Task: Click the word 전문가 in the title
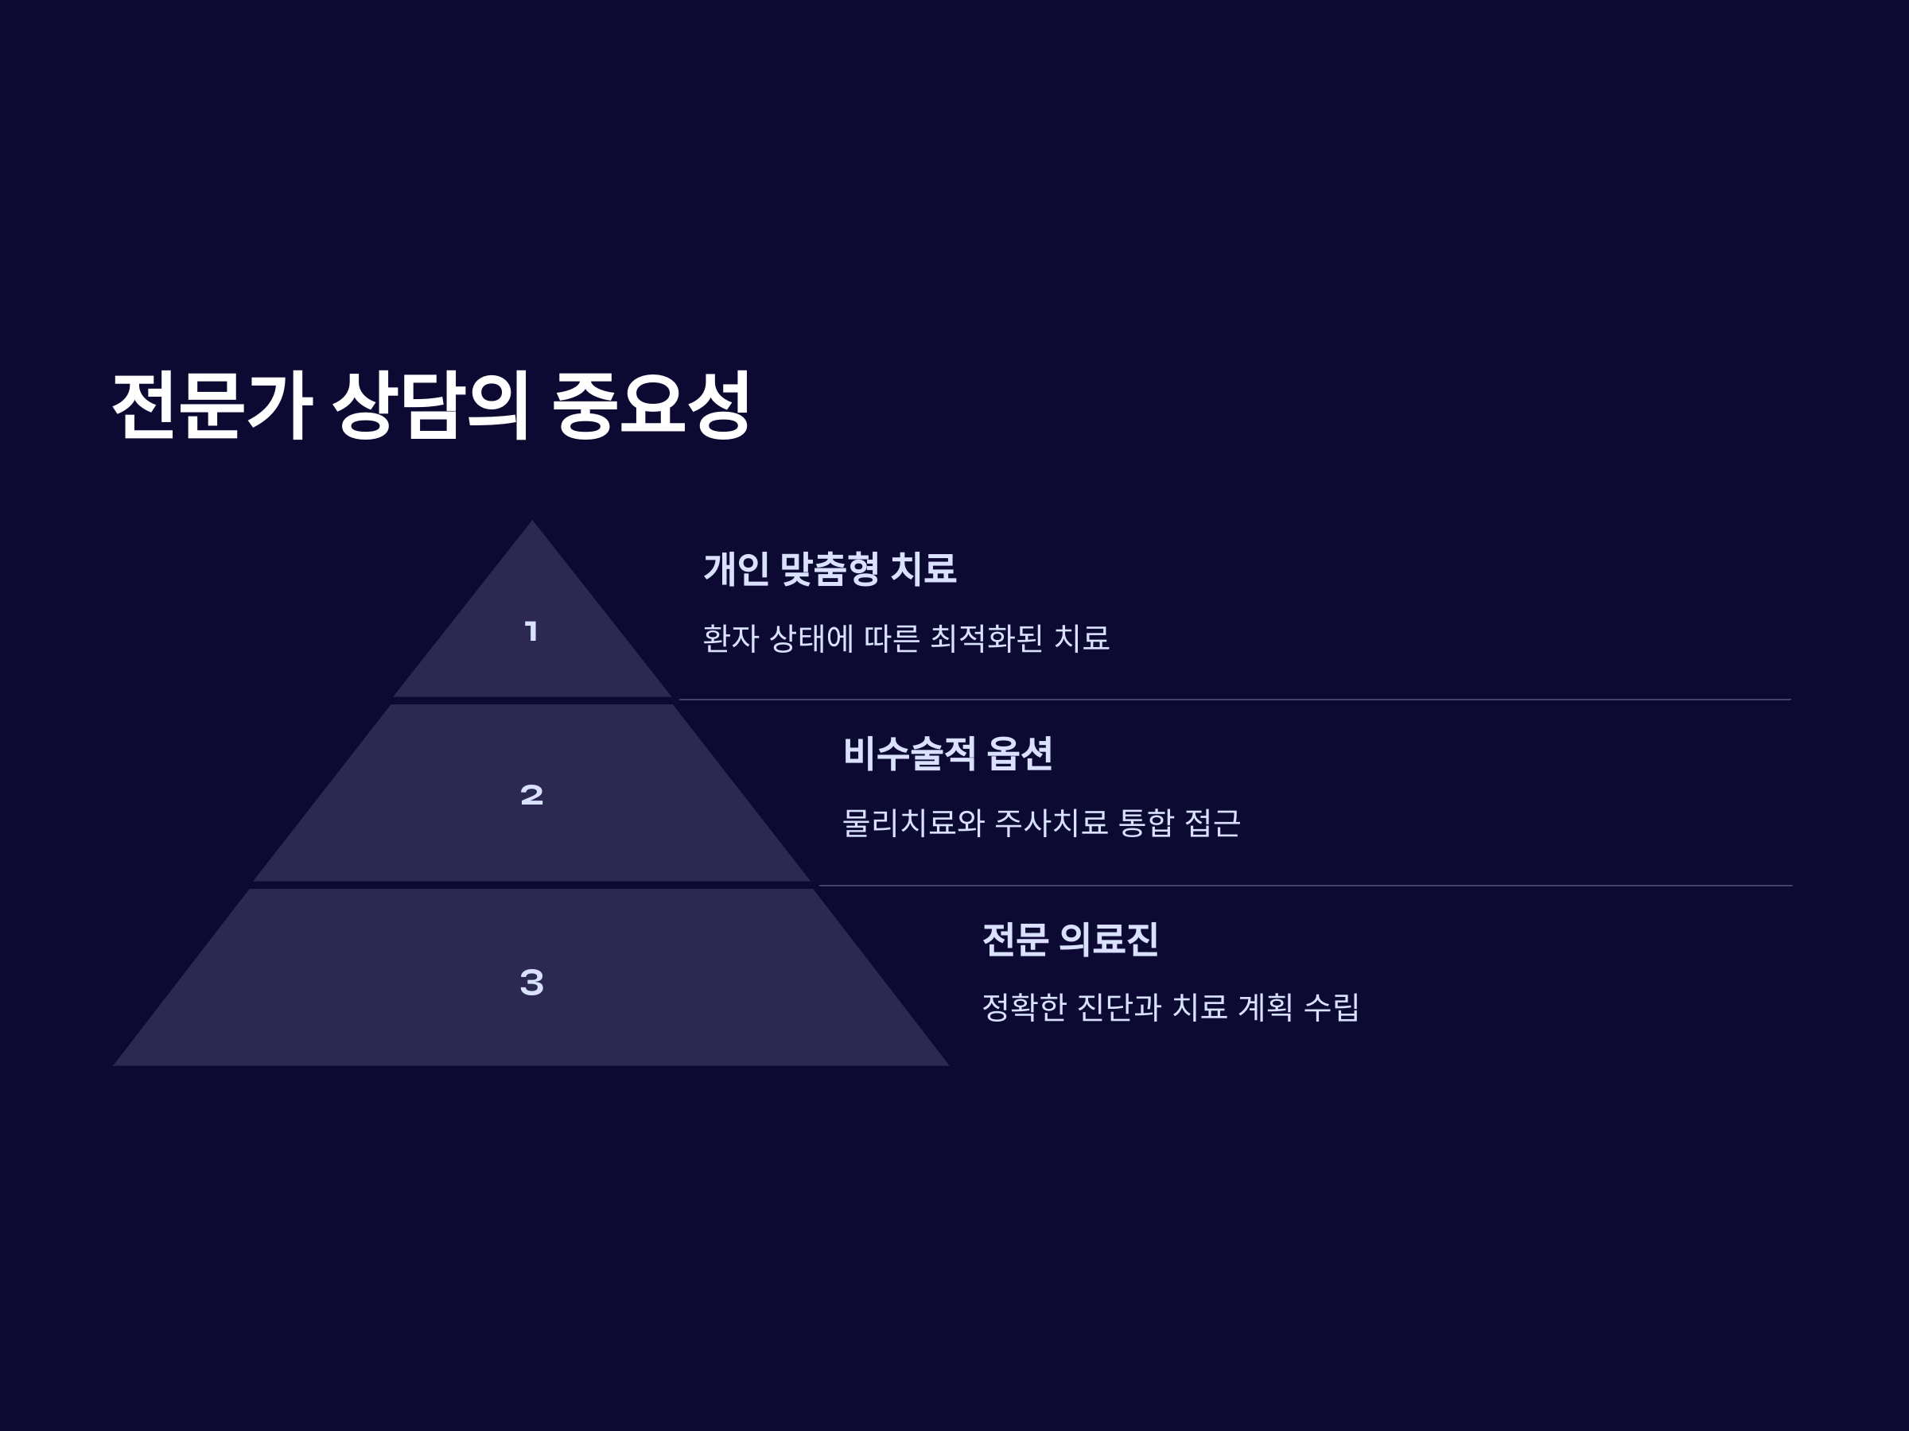[212, 405]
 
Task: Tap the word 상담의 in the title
[430, 405]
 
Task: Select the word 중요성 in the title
[651, 405]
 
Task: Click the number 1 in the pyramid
[531, 631]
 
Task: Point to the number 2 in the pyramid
[531, 794]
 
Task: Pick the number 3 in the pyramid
[531, 982]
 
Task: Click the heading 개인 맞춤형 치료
[830, 569]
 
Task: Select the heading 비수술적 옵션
[947, 753]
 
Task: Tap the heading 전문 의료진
[1070, 940]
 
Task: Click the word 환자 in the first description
[730, 639]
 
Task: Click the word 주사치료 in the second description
[1052, 823]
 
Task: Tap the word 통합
[1146, 823]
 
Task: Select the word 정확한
[1024, 1007]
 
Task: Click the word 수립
[1331, 1007]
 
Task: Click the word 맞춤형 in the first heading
[830, 569]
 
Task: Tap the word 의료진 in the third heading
[1108, 940]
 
